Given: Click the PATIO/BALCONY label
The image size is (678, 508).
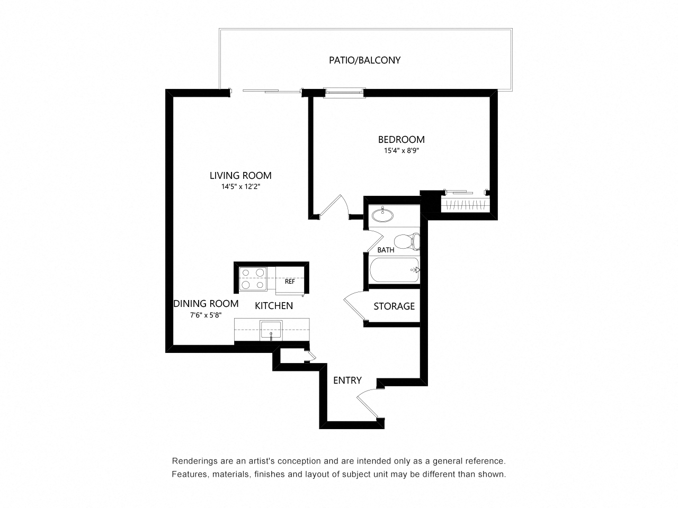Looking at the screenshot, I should pyautogui.click(x=364, y=60).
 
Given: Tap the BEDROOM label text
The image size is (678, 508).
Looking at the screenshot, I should pyautogui.click(x=401, y=140).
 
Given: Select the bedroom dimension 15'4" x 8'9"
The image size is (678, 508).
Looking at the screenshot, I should pyautogui.click(x=401, y=151).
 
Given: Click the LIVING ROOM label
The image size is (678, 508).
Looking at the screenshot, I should pyautogui.click(x=240, y=176).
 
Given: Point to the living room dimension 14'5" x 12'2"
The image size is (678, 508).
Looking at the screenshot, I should pyautogui.click(x=240, y=186).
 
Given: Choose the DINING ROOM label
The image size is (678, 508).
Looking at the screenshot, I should pyautogui.click(x=206, y=304).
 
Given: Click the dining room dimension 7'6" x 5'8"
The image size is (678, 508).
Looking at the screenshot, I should pyautogui.click(x=206, y=315).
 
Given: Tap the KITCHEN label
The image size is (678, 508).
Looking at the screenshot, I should pyautogui.click(x=274, y=306).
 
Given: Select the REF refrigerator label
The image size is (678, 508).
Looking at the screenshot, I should pyautogui.click(x=290, y=282).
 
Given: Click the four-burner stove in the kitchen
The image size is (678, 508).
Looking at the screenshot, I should pyautogui.click(x=253, y=279).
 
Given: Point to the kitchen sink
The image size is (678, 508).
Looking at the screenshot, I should pyautogui.click(x=271, y=331).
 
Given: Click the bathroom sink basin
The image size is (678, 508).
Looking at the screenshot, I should pyautogui.click(x=382, y=215).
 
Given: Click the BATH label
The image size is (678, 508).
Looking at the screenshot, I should pyautogui.click(x=386, y=250).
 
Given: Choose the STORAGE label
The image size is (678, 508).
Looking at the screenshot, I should pyautogui.click(x=394, y=306).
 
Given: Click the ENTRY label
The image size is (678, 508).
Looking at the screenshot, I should pyautogui.click(x=347, y=380).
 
